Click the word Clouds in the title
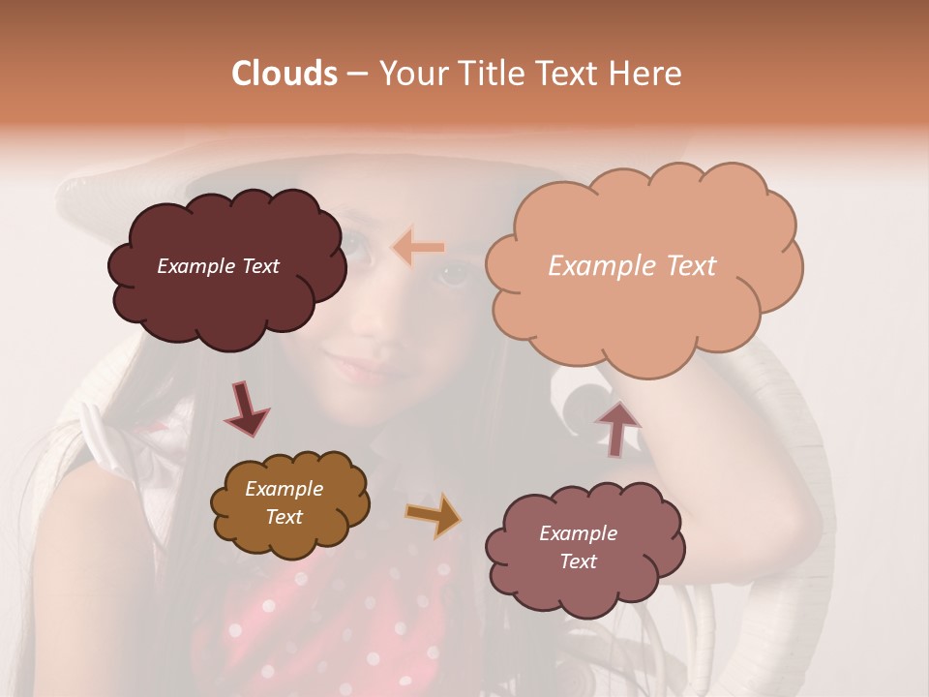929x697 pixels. coord(285,74)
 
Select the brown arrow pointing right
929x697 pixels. coord(433,514)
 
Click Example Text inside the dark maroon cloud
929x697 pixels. coord(218,266)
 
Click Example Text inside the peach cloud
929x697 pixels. coord(632,266)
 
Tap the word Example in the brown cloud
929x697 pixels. coord(284,489)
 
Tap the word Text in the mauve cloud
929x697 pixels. coord(578,561)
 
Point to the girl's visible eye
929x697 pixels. coord(452,274)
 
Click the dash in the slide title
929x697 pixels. coord(357,75)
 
